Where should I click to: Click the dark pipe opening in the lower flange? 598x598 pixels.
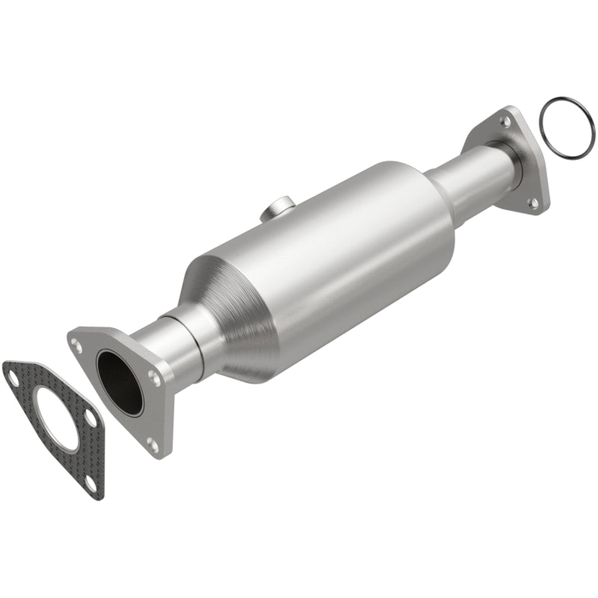pos(120,382)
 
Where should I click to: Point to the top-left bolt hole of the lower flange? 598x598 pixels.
pos(76,345)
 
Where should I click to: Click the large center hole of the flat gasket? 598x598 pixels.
pos(56,418)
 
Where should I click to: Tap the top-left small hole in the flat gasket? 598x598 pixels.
pos(13,378)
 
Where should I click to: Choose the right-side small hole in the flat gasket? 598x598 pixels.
pos(90,419)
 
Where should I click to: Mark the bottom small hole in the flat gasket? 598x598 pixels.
pos(90,483)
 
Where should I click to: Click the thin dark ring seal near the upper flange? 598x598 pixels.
pos(567,128)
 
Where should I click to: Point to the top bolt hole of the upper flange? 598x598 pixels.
pos(506,120)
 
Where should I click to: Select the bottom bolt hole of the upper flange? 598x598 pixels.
pos(534,203)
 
